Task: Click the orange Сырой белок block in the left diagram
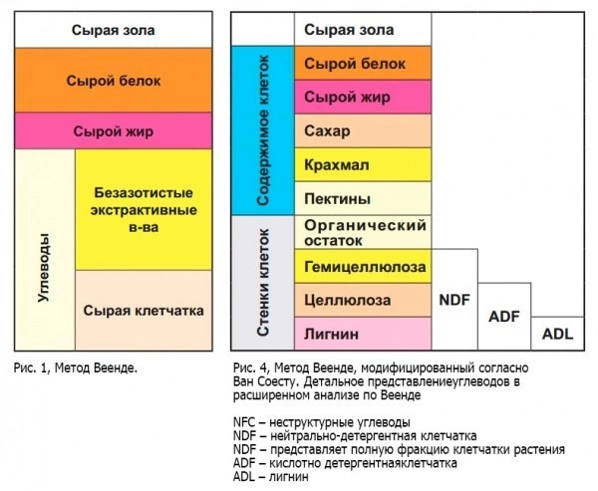pos(116,80)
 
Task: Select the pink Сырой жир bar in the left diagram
pos(116,130)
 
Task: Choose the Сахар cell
pos(364,129)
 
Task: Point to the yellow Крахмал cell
pos(364,163)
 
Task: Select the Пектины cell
pos(364,197)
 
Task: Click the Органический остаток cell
pos(364,233)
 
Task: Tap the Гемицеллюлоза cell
pos(364,267)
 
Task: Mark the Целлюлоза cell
pos(364,300)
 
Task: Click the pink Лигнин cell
pos(364,333)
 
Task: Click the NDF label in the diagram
pos(454,298)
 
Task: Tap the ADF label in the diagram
pos(505,316)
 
